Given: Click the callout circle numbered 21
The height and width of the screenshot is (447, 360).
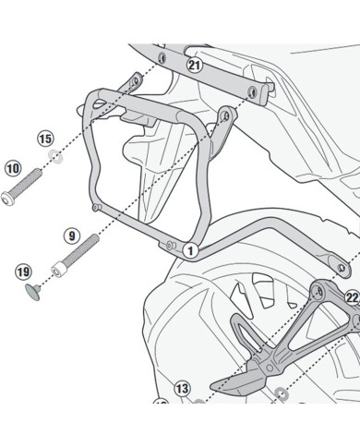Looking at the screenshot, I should (193, 65).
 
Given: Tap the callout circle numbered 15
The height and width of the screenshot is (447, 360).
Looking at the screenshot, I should (45, 139).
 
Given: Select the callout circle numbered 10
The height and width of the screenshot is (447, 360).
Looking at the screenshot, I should (12, 168).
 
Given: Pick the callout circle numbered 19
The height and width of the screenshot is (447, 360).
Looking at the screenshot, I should (23, 272).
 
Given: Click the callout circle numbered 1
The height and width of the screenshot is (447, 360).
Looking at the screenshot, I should (188, 249).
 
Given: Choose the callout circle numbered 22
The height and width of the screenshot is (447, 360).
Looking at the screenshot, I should (351, 297).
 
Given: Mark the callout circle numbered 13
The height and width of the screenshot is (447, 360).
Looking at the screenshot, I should (181, 389).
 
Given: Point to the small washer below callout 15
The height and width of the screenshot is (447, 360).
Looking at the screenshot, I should (57, 156).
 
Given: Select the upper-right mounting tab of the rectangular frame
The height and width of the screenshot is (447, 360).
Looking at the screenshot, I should (224, 115).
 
